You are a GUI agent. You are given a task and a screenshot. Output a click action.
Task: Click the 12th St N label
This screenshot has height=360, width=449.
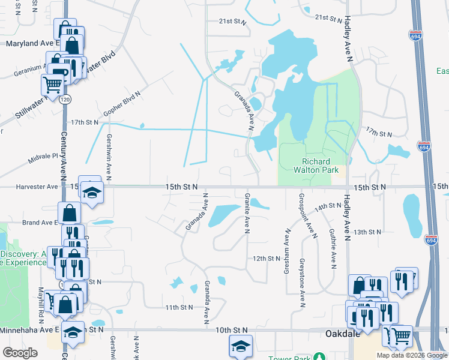pyautogui.click(x=267, y=258)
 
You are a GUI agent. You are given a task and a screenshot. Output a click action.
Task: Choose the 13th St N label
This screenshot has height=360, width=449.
pyautogui.click(x=368, y=232)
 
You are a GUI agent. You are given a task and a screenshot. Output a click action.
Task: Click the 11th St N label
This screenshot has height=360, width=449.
pyautogui.click(x=179, y=307)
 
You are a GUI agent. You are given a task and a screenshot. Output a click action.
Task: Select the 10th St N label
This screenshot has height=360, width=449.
pyautogui.click(x=232, y=330)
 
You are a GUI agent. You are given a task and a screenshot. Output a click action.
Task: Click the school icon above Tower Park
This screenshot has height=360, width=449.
pyautogui.click(x=241, y=346)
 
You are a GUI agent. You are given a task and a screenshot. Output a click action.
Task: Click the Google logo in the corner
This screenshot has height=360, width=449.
pyautogui.click(x=19, y=353)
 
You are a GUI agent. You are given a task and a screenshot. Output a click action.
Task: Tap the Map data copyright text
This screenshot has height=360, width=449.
pyautogui.click(x=409, y=355)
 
